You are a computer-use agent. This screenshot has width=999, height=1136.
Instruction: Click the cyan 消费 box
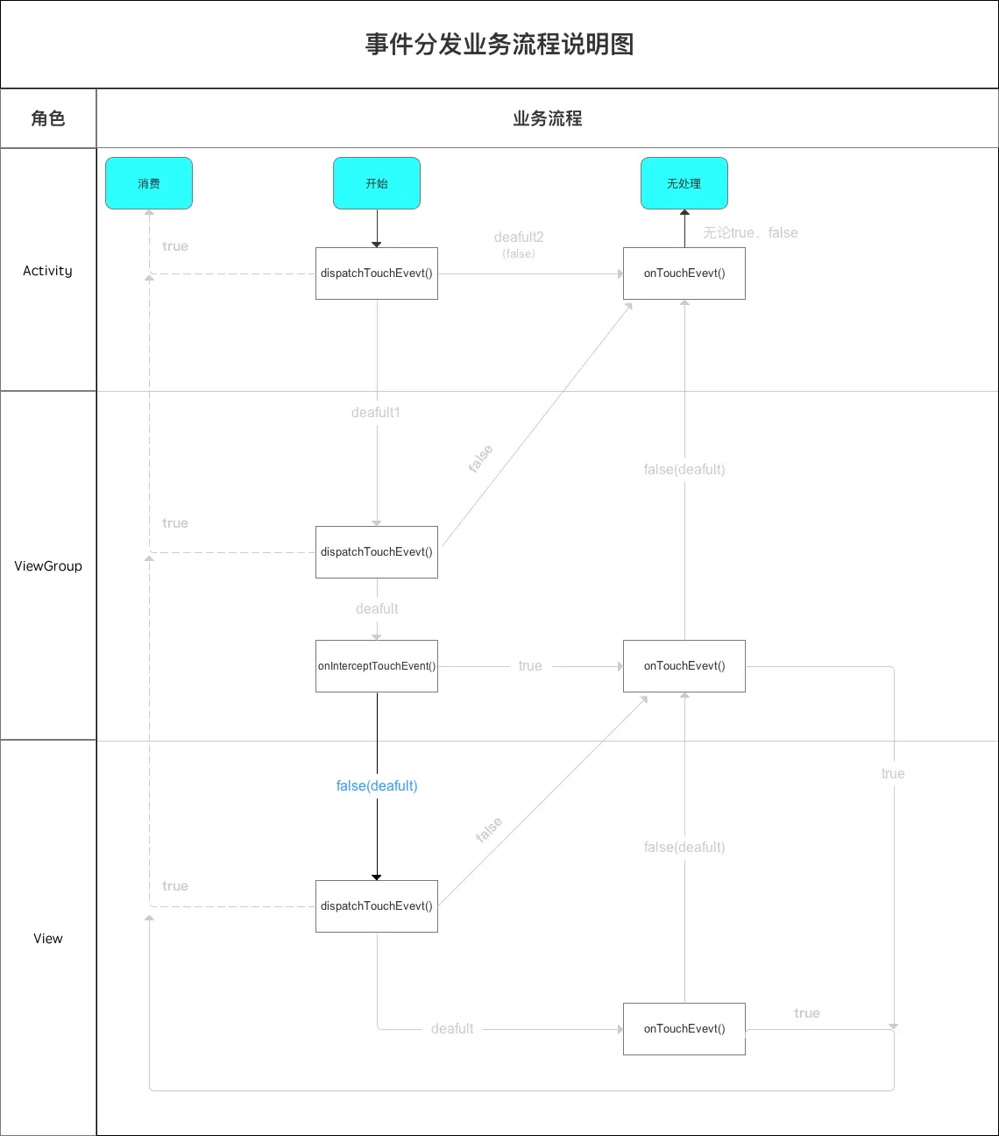tap(149, 183)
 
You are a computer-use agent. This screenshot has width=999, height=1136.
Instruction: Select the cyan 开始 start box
tap(377, 183)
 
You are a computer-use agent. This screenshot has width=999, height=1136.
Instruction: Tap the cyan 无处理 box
tap(684, 183)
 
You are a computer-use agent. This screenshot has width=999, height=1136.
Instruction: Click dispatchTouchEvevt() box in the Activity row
tap(377, 273)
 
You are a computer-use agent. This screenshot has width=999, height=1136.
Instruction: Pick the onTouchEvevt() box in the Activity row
tap(684, 273)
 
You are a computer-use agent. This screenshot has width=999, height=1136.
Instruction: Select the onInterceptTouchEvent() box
tap(377, 666)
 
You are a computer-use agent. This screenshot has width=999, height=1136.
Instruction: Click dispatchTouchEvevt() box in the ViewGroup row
tap(377, 552)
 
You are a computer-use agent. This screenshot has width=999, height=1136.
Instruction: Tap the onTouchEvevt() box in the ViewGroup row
tap(684, 666)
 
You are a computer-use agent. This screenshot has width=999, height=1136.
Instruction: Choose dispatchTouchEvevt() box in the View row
tap(377, 906)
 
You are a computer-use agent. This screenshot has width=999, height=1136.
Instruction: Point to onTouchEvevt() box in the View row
tap(684, 1029)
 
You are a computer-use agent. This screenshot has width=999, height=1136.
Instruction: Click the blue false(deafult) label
tap(377, 786)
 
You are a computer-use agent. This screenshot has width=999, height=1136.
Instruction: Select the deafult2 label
tap(519, 238)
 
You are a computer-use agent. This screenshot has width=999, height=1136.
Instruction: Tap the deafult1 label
tap(376, 413)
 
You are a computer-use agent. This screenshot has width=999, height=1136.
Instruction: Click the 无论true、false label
tap(750, 233)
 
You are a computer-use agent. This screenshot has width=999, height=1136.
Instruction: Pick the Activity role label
tap(48, 271)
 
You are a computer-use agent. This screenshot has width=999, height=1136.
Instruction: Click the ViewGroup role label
tap(48, 566)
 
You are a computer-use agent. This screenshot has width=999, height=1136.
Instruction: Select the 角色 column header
tap(48, 118)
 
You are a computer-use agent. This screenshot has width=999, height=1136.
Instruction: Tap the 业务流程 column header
tap(548, 118)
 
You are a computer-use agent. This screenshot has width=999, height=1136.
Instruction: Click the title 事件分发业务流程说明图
tap(499, 44)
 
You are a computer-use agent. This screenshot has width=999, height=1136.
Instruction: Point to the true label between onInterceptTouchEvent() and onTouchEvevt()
tap(530, 666)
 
